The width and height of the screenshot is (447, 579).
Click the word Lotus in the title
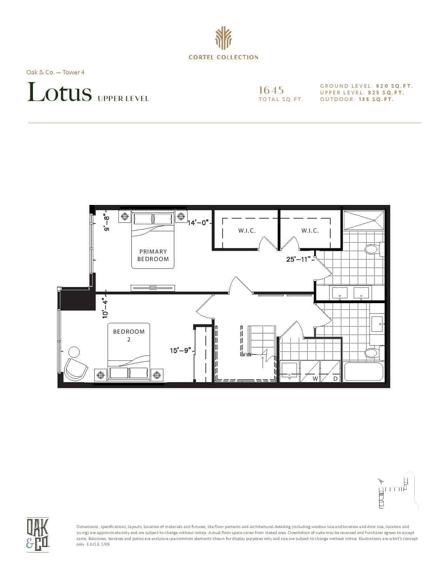point(59,92)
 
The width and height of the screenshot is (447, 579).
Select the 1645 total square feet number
point(271,90)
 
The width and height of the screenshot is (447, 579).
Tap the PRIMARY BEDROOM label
point(153,255)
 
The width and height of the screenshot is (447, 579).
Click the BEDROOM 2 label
point(129,335)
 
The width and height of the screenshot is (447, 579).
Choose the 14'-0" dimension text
point(197,222)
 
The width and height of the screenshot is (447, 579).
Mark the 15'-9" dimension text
point(181,351)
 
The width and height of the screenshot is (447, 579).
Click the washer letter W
point(315,379)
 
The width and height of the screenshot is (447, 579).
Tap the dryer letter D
point(336,379)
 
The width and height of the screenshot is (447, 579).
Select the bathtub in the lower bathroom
point(364,372)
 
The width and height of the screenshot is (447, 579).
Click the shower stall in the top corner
point(364,220)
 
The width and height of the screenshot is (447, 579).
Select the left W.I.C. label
point(247,231)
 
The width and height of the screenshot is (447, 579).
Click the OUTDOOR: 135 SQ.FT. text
point(357,99)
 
